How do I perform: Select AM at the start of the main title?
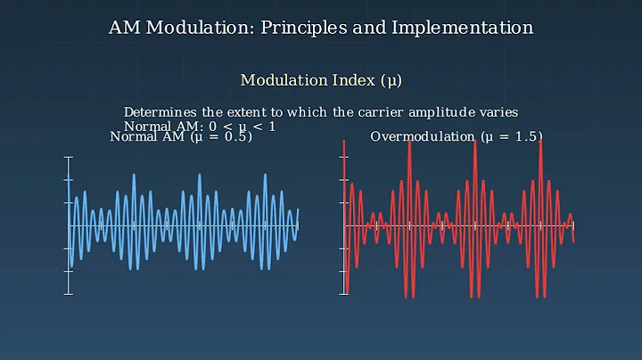[x=123, y=28]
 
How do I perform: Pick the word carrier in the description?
[x=361, y=112]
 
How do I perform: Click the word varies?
[x=497, y=112]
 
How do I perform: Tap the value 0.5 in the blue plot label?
[x=234, y=137]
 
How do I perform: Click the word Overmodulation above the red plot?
[x=424, y=137]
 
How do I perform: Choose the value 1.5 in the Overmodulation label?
[x=523, y=137]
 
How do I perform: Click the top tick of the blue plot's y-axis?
[x=69, y=158]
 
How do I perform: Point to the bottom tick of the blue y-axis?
[x=69, y=293]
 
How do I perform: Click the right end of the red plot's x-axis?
[x=573, y=225]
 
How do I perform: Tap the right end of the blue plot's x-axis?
[x=298, y=225]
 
